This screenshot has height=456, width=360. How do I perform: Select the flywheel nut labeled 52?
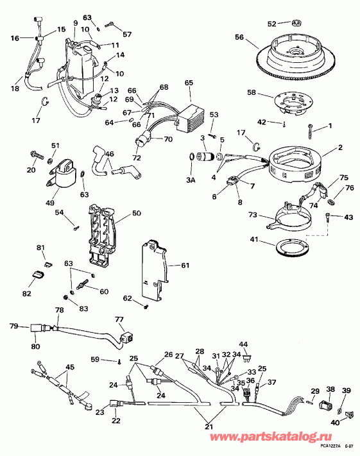(x=296, y=24)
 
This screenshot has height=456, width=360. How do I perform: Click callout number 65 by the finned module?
(x=189, y=83)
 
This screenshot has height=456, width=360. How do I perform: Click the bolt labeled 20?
(x=37, y=155)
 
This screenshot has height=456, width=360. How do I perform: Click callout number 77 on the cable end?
(x=119, y=319)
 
